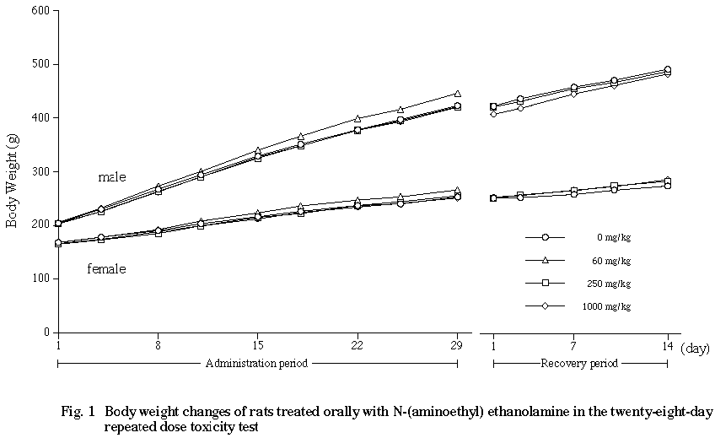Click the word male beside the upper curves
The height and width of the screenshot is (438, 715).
point(111,177)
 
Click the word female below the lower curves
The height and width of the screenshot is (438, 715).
point(106,269)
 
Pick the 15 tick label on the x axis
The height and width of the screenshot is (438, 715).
point(258,346)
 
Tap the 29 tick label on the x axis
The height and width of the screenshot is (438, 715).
point(457,346)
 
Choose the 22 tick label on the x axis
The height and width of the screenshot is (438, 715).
point(357,346)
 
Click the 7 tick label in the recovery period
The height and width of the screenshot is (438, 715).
point(573,346)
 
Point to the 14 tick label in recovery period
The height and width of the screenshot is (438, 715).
point(667,346)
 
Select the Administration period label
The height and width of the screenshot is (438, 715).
point(256,364)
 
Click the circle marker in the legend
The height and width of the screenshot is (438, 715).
point(546,238)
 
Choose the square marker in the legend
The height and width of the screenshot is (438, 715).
point(546,283)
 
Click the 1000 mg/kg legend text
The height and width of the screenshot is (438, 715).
point(605,306)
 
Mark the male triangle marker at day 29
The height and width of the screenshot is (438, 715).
point(457,94)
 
